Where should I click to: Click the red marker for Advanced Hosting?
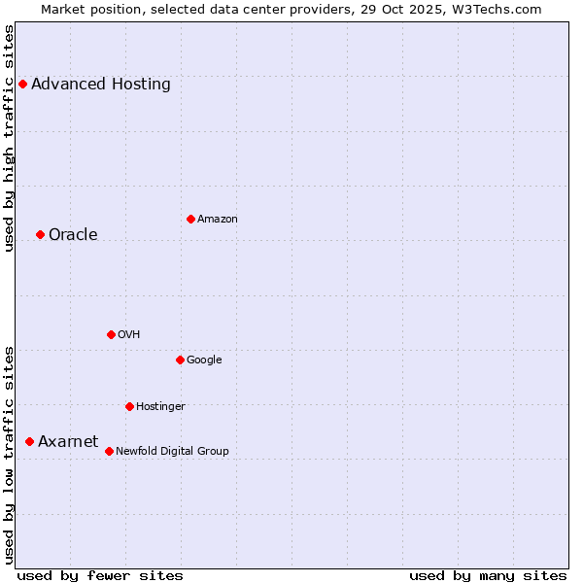click(22, 84)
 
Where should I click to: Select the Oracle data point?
click(40, 234)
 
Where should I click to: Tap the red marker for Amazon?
click(190, 219)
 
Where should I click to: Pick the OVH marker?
click(111, 334)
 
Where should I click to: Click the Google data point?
click(180, 360)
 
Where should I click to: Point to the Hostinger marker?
click(129, 406)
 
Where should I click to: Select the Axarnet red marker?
click(29, 441)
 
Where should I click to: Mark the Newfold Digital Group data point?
click(109, 451)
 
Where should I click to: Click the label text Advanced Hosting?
click(101, 84)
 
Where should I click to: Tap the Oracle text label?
click(73, 234)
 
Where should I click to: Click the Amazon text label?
click(218, 219)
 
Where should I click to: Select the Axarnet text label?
click(68, 441)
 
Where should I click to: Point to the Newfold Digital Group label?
click(172, 451)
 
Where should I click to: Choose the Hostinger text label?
click(160, 406)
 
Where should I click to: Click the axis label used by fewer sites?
click(100, 575)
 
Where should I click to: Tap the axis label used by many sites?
click(488, 575)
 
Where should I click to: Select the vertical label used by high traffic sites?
click(10, 138)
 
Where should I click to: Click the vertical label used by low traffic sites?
click(10, 454)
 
